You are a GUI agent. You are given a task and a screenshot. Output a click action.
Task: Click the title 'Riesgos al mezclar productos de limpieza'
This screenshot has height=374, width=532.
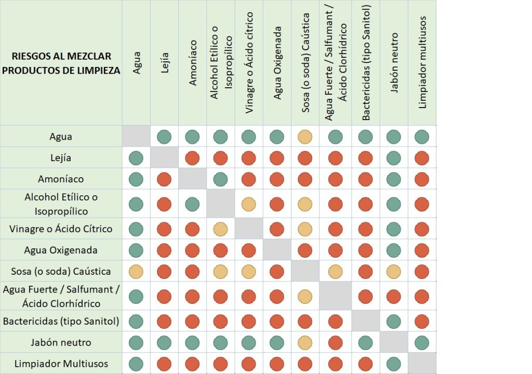(61, 63)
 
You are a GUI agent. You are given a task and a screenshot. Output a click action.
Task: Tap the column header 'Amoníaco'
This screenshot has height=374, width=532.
(193, 62)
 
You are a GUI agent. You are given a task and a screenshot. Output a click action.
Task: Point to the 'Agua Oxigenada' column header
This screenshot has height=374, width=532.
(277, 62)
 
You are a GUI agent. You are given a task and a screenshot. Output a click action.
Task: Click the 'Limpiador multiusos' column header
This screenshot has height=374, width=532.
(422, 62)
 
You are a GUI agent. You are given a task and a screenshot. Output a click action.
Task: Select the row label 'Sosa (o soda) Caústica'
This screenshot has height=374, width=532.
(61, 271)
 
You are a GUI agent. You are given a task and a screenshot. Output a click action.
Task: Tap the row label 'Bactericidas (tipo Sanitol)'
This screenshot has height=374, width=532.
(61, 321)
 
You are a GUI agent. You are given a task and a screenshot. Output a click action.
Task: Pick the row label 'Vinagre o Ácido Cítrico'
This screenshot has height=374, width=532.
(61, 229)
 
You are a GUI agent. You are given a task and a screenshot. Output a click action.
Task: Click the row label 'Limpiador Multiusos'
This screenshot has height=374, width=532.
(61, 364)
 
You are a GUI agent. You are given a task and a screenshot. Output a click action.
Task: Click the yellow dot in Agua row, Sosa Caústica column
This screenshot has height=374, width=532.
(305, 137)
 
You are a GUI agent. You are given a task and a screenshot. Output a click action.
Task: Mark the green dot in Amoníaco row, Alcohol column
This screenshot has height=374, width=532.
(220, 179)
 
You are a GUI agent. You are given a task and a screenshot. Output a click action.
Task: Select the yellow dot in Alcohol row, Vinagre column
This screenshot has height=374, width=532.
(248, 204)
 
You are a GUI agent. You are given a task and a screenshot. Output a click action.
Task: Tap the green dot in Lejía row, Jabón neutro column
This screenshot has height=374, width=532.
(394, 158)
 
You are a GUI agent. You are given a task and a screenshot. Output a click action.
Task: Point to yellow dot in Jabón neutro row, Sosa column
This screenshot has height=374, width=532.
(305, 342)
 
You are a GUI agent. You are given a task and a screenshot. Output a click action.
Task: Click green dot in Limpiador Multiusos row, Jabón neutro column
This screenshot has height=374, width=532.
(394, 364)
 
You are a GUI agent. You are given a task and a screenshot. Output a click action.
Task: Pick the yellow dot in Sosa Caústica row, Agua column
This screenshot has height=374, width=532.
(136, 271)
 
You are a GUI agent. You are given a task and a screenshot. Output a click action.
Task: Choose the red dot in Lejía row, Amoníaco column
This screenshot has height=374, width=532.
(193, 158)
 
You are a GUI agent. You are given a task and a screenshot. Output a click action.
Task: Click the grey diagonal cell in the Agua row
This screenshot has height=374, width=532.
(136, 136)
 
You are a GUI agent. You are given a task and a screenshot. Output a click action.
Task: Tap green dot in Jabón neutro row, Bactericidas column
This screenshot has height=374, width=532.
(365, 342)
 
